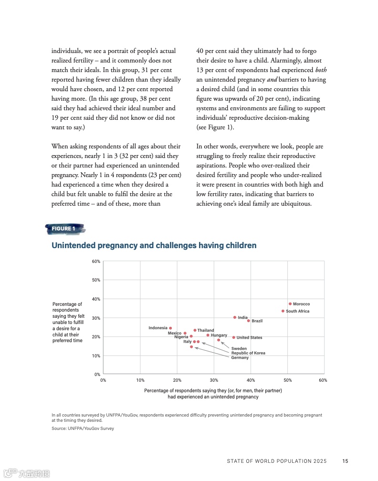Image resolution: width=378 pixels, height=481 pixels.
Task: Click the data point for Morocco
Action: pos(290,304)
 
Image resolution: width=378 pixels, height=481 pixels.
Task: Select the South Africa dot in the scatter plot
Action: pos(283,311)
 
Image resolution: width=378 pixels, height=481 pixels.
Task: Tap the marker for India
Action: pos(235,317)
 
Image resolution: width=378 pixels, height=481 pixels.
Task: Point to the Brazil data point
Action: pos(249,321)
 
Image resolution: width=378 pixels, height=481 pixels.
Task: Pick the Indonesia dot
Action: pos(170,328)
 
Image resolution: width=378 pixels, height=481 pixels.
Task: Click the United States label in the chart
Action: pos(249,338)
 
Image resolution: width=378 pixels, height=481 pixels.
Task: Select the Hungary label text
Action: pos(219,335)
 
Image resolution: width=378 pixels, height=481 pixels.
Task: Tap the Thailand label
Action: pos(206,330)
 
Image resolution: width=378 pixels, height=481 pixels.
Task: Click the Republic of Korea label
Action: pos(248,353)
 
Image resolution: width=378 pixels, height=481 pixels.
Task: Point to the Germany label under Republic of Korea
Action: pos(240,358)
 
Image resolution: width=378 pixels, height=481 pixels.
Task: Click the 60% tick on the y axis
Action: pos(96,261)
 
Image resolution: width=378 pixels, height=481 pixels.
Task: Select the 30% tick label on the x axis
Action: pos(214,380)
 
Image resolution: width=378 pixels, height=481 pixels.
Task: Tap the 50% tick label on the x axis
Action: pos(288,380)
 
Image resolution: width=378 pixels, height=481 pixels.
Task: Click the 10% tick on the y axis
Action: pos(96,356)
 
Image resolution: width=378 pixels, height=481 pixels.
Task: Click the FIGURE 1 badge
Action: pos(64,229)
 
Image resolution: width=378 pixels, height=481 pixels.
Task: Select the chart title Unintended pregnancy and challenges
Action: pos(154,245)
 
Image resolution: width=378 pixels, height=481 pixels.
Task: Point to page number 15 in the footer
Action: pos(345,461)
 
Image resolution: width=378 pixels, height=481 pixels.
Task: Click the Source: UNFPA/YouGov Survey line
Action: pos(83,429)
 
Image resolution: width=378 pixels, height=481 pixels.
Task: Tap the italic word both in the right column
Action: pos(321,70)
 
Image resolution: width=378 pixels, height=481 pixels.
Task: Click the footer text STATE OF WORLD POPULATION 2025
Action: pos(276,461)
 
